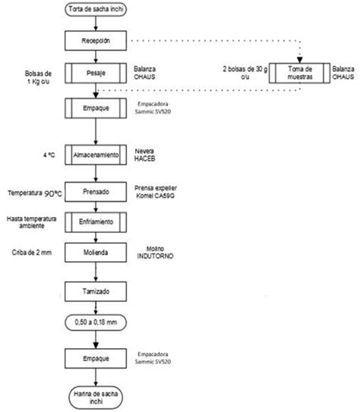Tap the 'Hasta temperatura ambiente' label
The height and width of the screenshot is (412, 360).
point(32,221)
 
